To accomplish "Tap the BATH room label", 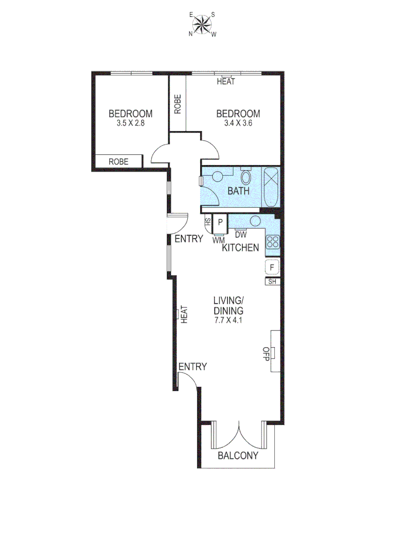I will tap(238, 191).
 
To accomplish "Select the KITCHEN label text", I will tap(240, 248).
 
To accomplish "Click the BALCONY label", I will tap(237, 456).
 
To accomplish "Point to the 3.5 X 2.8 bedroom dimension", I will tap(130, 124).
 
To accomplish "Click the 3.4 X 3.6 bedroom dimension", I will tap(238, 124).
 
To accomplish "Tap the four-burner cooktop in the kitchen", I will tap(273, 241).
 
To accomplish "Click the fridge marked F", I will tap(272, 267).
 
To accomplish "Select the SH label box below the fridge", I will tap(272, 282).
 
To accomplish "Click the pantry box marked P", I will tap(220, 223).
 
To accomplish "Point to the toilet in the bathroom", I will tap(247, 178).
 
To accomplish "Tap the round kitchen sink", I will tap(255, 221).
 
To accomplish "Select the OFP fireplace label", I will tap(267, 354).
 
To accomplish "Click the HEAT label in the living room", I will tap(184, 314).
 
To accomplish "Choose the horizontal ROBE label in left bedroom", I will tap(118, 161).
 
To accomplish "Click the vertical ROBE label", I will tap(177, 104).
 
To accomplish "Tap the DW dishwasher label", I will tap(240, 234).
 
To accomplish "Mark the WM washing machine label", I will tap(219, 239).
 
